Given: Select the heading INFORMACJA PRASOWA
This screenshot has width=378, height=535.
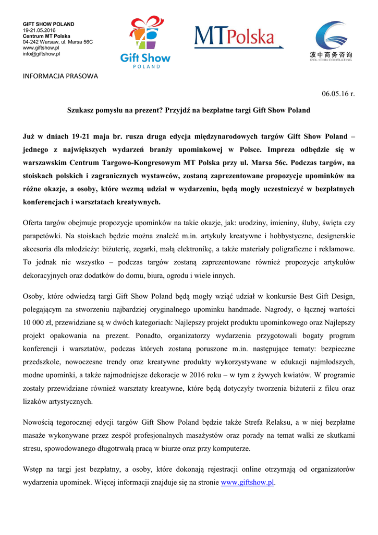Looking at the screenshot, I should (60, 76).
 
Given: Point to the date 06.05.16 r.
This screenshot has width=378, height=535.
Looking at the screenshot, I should (338, 94).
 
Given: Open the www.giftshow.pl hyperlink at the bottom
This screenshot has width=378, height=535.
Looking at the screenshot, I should (247, 483).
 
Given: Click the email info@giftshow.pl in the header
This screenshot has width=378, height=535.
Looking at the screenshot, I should (41, 54).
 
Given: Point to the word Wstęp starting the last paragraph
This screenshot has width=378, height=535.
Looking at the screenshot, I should (33, 470).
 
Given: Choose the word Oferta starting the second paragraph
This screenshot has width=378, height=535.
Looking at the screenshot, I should (34, 224).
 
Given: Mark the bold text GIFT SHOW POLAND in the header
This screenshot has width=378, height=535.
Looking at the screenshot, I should (48, 24).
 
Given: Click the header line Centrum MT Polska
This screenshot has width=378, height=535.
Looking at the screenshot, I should (46, 36).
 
